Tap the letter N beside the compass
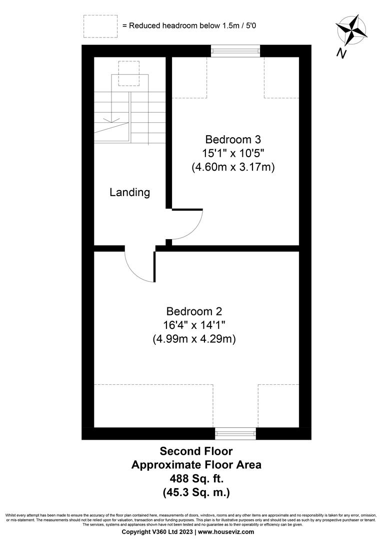[341, 53]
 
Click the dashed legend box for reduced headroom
[100, 25]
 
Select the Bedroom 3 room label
[233, 139]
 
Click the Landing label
[129, 192]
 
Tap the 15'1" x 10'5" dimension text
[233, 153]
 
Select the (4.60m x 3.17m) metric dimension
[233, 167]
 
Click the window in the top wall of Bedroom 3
[235, 51]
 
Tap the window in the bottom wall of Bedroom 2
[235, 433]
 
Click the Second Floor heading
[196, 451]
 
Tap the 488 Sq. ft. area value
[196, 479]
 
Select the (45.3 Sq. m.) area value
[196, 492]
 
